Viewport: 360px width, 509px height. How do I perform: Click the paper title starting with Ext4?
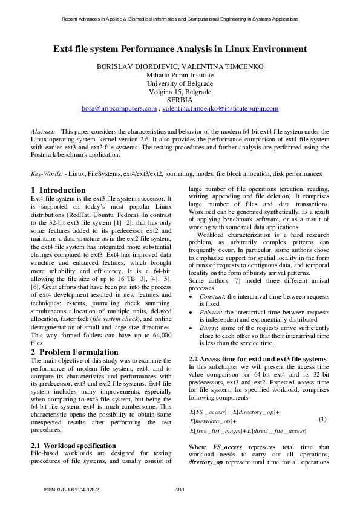180,48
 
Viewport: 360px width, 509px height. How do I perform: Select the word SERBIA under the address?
180,100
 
